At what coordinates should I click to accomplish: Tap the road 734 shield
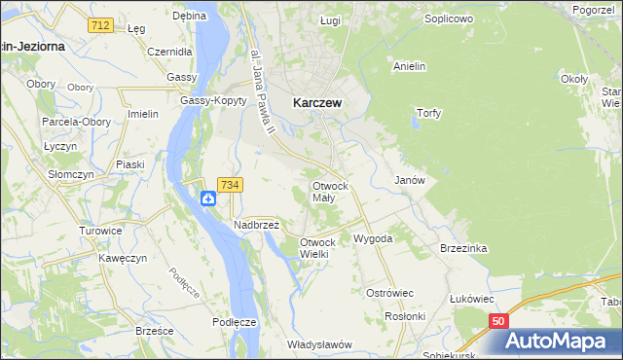pyautogui.click(x=231, y=184)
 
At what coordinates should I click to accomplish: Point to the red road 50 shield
pyautogui.click(x=498, y=321)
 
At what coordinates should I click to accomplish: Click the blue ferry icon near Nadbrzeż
pyautogui.click(x=208, y=198)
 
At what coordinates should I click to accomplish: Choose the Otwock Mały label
pyautogui.click(x=330, y=191)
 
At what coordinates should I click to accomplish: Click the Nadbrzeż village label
pyautogui.click(x=256, y=224)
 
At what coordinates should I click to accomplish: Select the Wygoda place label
pyautogui.click(x=373, y=238)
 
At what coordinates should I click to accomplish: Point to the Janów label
pyautogui.click(x=410, y=181)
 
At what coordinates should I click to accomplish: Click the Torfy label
pyautogui.click(x=428, y=113)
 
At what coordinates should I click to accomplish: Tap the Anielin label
pyautogui.click(x=410, y=67)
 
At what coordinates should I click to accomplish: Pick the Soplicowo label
pyautogui.click(x=449, y=18)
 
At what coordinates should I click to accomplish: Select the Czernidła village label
pyautogui.click(x=170, y=51)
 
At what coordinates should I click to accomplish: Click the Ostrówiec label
pyautogui.click(x=390, y=292)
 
